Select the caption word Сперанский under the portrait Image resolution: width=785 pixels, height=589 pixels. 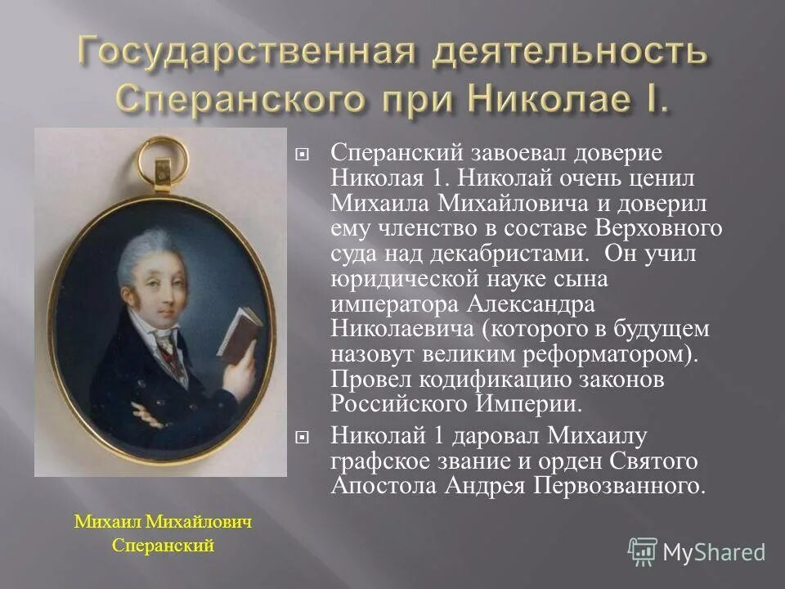(x=163, y=546)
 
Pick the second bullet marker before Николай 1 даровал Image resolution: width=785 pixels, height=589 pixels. (x=303, y=438)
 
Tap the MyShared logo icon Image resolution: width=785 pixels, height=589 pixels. (x=642, y=551)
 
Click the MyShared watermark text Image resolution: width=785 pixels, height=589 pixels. (x=714, y=552)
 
